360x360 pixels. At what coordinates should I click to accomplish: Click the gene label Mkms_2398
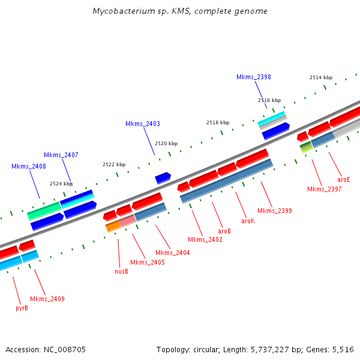point(253,77)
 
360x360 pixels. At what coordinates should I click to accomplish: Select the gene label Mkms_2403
point(143,124)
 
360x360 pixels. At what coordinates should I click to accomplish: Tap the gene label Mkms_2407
point(61,155)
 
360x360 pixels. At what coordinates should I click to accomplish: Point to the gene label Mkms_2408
point(29,166)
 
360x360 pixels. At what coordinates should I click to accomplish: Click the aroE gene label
point(343,179)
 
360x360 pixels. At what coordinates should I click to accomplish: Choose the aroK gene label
point(248,221)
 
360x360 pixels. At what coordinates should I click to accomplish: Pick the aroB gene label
point(224,231)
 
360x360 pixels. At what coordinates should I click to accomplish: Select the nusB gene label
point(121,271)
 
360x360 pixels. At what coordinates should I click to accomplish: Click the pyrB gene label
point(22,308)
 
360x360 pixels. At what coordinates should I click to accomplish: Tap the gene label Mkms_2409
point(47,299)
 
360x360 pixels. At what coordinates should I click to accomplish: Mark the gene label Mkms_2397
point(324,190)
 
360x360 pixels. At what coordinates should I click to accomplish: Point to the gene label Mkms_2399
point(275,211)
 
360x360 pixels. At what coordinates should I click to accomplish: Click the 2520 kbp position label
point(166,143)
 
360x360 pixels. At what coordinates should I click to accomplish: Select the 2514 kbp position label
point(321,77)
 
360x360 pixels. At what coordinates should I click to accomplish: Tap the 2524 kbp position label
point(61,184)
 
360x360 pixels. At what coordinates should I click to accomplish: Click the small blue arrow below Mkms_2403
point(163,178)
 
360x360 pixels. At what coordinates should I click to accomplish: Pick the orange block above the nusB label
point(113,226)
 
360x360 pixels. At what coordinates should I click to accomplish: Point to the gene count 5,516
point(343,349)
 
